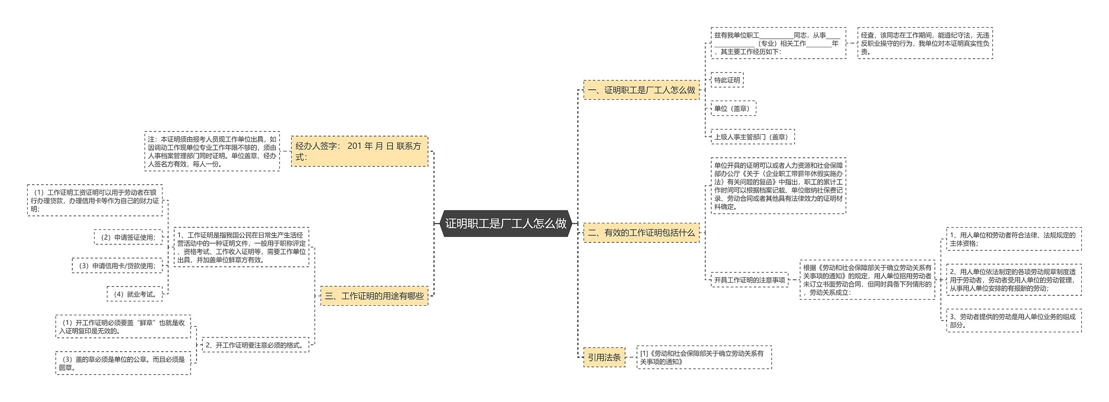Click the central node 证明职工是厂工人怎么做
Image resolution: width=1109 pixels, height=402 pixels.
506,223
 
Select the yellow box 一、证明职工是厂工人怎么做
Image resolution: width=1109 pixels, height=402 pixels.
641,90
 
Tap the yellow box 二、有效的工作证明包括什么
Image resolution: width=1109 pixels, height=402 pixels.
641,232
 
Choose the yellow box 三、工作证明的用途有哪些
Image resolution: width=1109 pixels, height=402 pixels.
374,296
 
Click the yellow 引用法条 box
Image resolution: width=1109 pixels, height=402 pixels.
604,357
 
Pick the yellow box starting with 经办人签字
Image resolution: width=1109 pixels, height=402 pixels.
359,151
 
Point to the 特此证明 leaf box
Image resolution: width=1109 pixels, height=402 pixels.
727,80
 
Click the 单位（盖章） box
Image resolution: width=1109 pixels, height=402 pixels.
733,108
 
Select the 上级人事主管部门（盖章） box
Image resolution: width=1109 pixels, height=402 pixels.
752,137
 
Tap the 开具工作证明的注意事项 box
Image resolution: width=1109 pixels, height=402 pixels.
749,280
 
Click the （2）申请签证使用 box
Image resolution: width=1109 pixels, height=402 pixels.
128,237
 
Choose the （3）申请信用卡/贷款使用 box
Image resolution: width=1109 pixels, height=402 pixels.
117,265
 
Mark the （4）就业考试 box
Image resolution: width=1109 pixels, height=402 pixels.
134,294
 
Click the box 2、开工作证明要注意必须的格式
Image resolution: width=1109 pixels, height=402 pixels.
255,345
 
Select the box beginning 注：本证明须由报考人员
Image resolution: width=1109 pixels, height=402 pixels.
212,151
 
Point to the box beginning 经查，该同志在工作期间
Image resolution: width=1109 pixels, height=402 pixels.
924,43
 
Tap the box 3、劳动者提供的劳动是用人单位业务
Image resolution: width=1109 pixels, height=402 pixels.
1013,320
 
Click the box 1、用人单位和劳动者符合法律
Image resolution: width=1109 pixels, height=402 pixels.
1013,239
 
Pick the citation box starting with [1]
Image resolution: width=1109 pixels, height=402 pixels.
704,357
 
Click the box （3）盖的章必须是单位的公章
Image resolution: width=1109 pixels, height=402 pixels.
123,363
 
